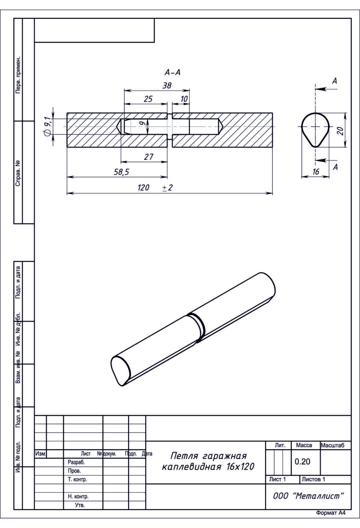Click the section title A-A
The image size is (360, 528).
pyautogui.click(x=172, y=72)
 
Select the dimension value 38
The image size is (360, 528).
pyautogui.click(x=167, y=85)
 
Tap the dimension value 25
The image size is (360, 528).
pyautogui.click(x=148, y=99)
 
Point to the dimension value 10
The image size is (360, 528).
pyautogui.click(x=184, y=99)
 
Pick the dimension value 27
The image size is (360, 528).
pyautogui.click(x=148, y=157)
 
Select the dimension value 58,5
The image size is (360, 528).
pyautogui.click(x=121, y=172)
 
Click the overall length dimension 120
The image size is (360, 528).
pyautogui.click(x=143, y=188)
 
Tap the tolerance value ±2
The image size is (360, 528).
pyautogui.click(x=167, y=188)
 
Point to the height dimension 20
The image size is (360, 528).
pyautogui.click(x=340, y=131)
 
